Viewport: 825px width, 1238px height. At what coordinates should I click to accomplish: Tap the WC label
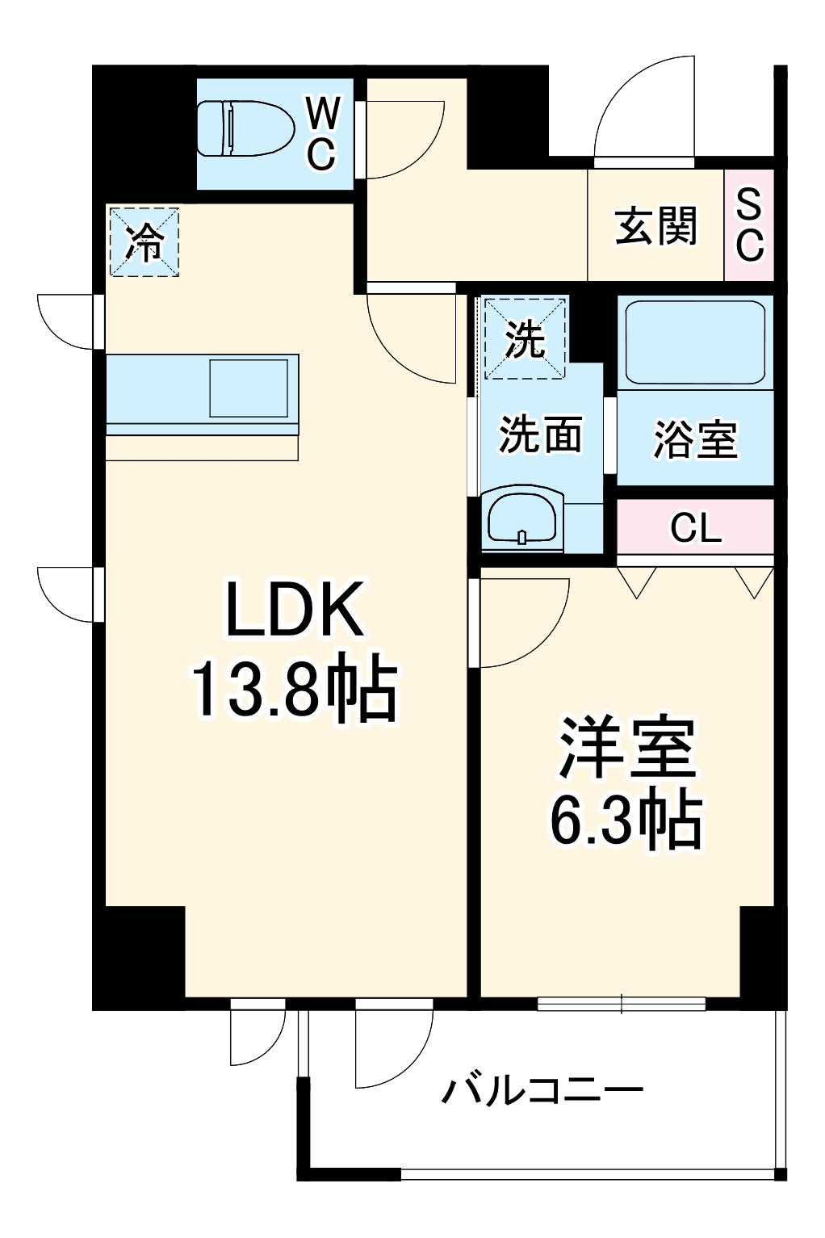point(321,133)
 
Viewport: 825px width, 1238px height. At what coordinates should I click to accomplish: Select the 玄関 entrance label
point(655,226)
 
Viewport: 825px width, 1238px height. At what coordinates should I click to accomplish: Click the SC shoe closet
point(749,226)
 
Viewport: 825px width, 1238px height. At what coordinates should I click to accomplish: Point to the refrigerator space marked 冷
point(144,242)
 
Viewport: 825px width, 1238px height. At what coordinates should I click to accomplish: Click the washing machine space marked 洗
point(525,338)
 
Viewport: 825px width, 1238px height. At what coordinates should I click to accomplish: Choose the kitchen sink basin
point(249,388)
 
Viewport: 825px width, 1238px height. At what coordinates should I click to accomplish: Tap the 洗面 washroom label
point(540,436)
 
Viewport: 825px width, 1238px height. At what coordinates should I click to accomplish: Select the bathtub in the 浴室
point(695,342)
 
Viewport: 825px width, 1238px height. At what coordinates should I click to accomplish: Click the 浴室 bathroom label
point(695,440)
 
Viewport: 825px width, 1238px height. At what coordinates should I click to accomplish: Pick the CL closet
point(695,528)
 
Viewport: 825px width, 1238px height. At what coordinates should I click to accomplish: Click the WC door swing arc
point(412,137)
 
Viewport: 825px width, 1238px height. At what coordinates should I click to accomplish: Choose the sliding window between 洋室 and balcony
point(622,1004)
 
